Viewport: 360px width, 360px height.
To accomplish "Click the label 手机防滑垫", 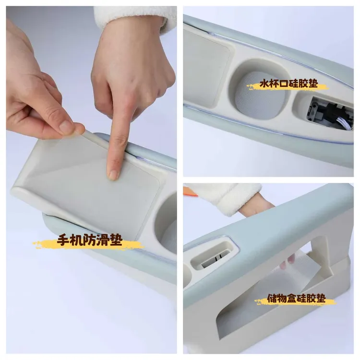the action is click(90, 240).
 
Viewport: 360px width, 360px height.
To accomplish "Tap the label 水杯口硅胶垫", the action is click(288, 84).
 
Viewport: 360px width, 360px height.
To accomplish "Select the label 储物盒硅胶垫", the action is click(297, 299).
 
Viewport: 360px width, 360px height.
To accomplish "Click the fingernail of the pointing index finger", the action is click(113, 175).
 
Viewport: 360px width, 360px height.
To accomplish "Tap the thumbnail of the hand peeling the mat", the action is click(66, 128).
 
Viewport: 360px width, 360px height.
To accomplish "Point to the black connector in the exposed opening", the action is click(336, 108).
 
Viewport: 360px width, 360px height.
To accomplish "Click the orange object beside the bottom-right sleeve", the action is click(190, 192).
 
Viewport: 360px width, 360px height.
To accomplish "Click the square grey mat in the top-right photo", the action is click(206, 69).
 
